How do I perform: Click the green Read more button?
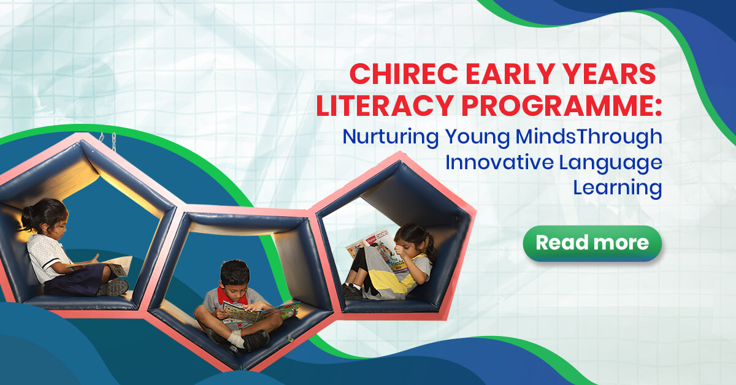[x=592, y=243]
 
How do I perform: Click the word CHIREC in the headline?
[x=404, y=74]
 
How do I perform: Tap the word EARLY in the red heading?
[x=510, y=74]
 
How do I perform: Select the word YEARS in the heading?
[x=609, y=74]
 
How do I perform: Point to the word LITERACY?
[x=385, y=105]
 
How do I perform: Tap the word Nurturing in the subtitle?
[x=391, y=137]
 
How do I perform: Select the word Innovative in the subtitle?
[x=499, y=162]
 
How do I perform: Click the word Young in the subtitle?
[x=477, y=138]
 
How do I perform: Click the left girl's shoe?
[x=113, y=288]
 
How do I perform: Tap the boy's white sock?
[x=237, y=340]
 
